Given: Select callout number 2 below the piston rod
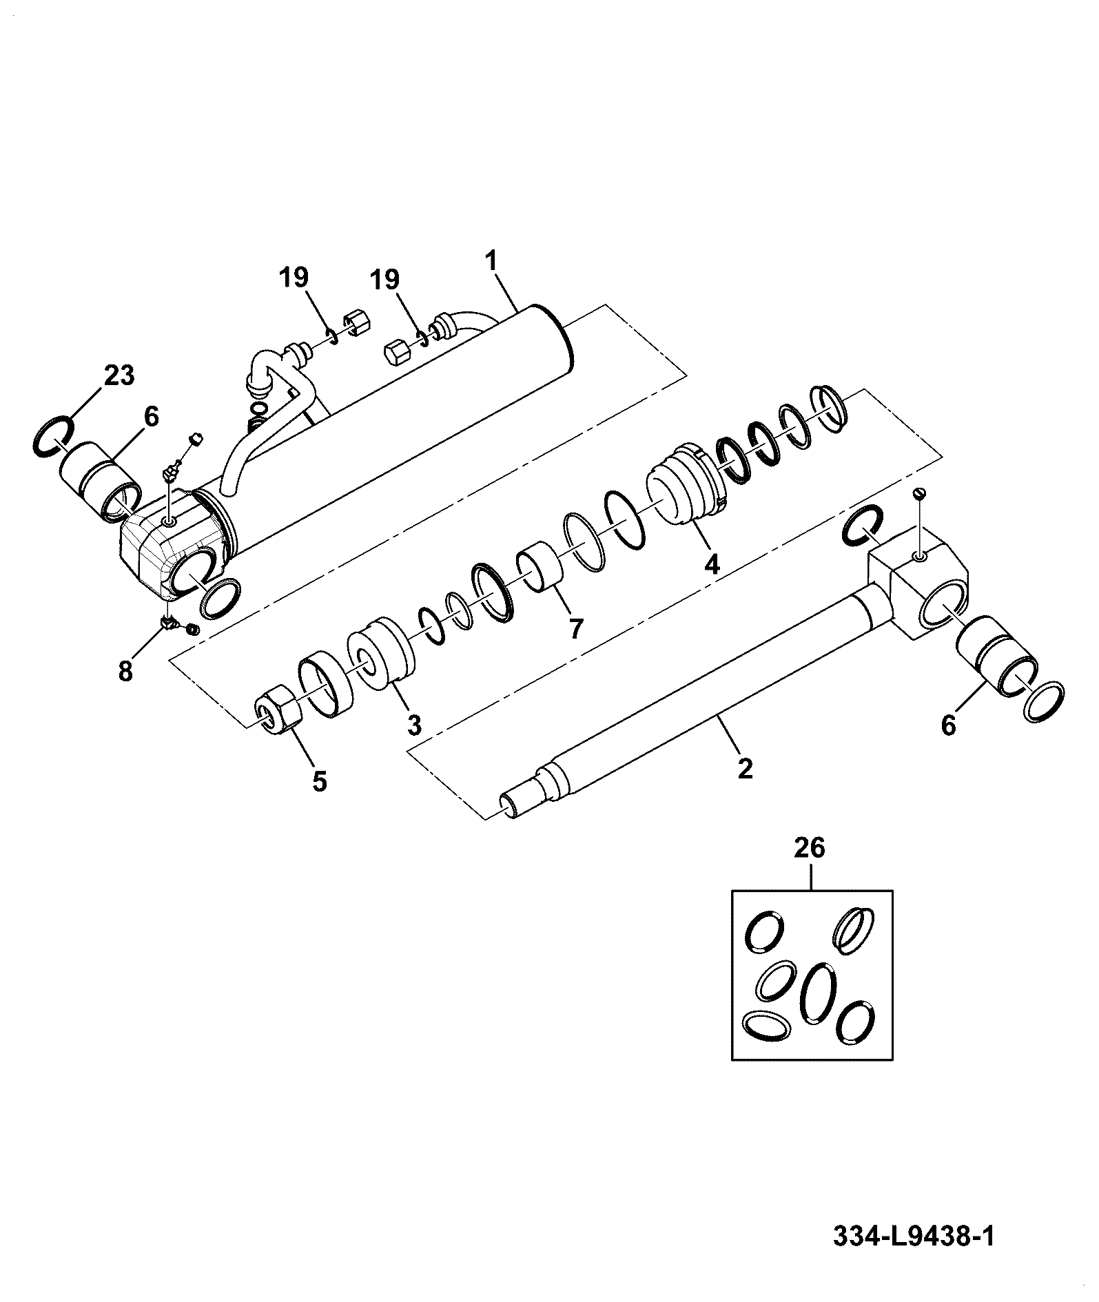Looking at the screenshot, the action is point(745,768).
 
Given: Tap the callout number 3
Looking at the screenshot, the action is point(414,724).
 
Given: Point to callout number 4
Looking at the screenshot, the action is point(711,564).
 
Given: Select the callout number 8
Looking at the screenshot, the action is point(125,670).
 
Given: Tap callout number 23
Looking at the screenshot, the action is point(119,376).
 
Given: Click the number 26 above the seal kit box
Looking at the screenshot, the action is point(810,848).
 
